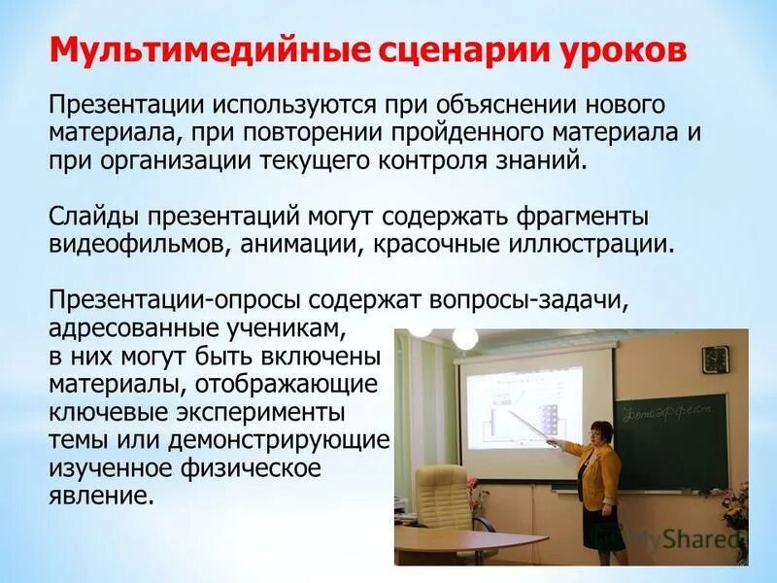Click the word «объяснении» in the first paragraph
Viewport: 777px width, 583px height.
click(489, 104)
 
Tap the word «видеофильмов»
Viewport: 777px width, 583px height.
click(136, 242)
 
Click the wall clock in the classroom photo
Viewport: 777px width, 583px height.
click(714, 358)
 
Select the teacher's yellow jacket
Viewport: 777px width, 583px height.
click(595, 471)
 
